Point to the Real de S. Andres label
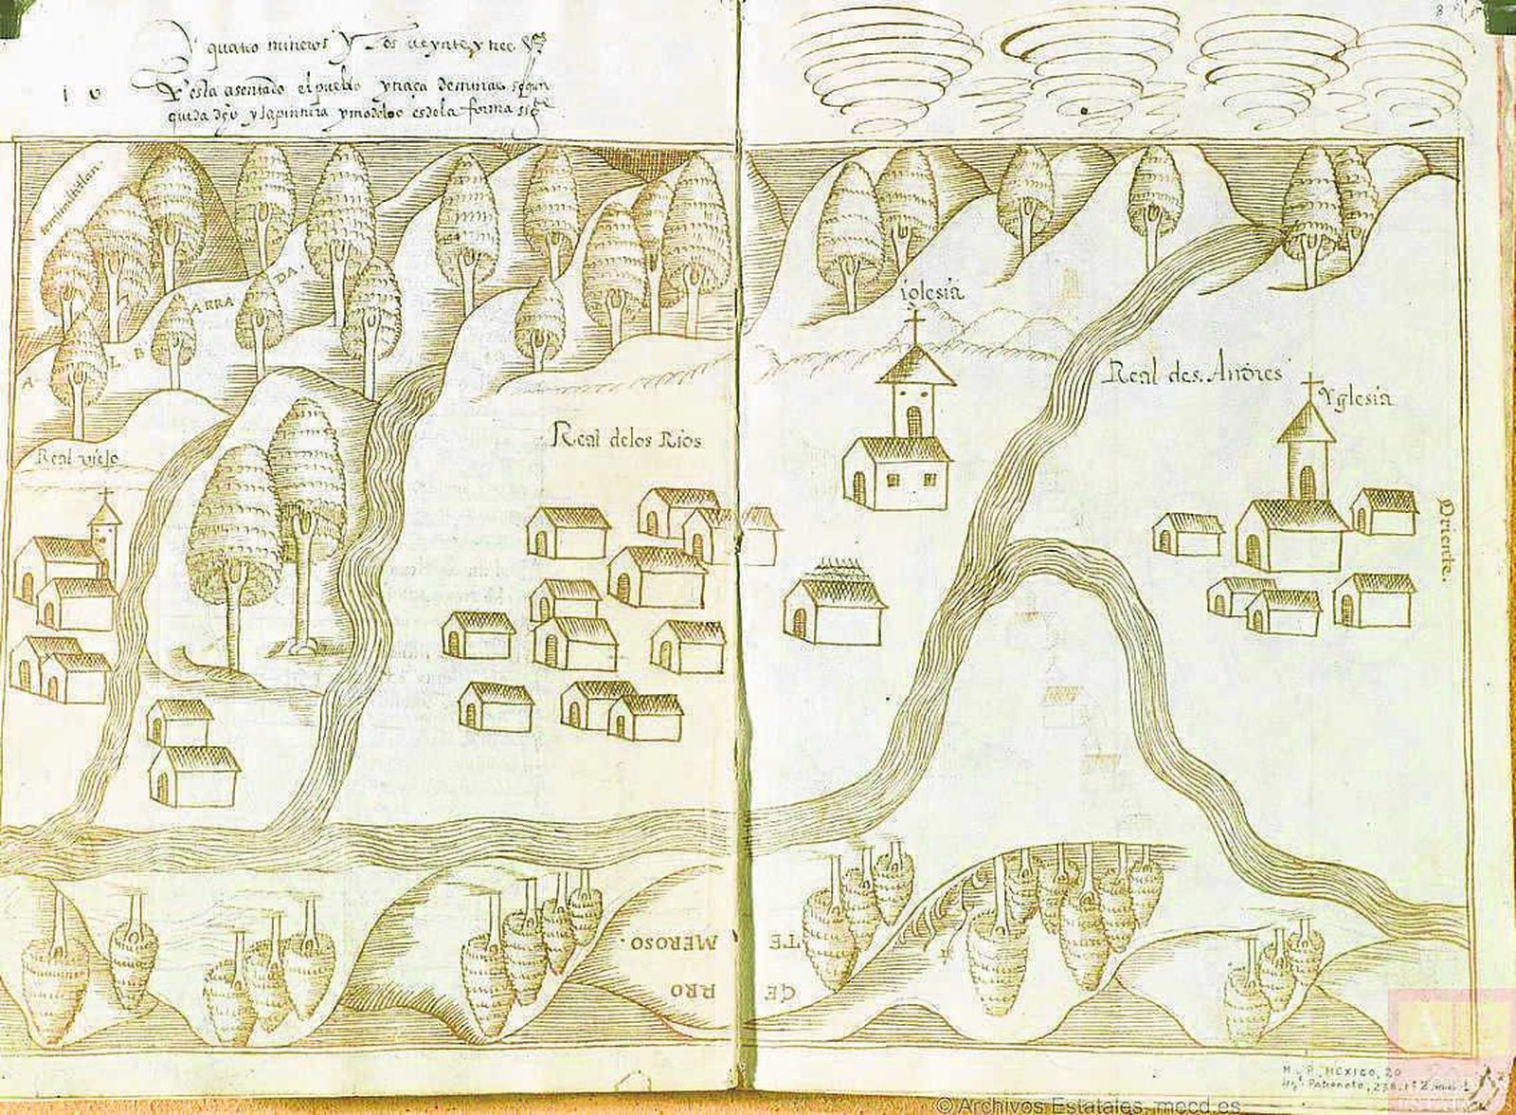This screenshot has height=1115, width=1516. point(1193,373)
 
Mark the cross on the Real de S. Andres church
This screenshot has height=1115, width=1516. point(1311,389)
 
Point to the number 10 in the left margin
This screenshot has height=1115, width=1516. point(76,93)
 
